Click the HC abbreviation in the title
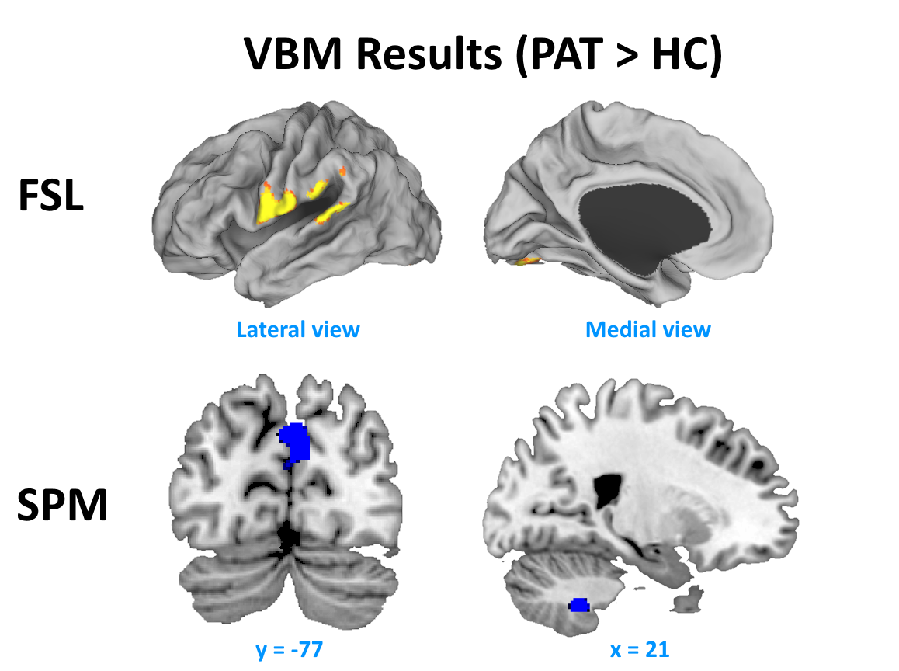(683, 54)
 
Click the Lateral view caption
(298, 329)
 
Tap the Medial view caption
(647, 329)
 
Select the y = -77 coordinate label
(289, 648)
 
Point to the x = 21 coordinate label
(640, 648)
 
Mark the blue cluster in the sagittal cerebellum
(579, 604)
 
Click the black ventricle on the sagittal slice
(605, 489)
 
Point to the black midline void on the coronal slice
(290, 536)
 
